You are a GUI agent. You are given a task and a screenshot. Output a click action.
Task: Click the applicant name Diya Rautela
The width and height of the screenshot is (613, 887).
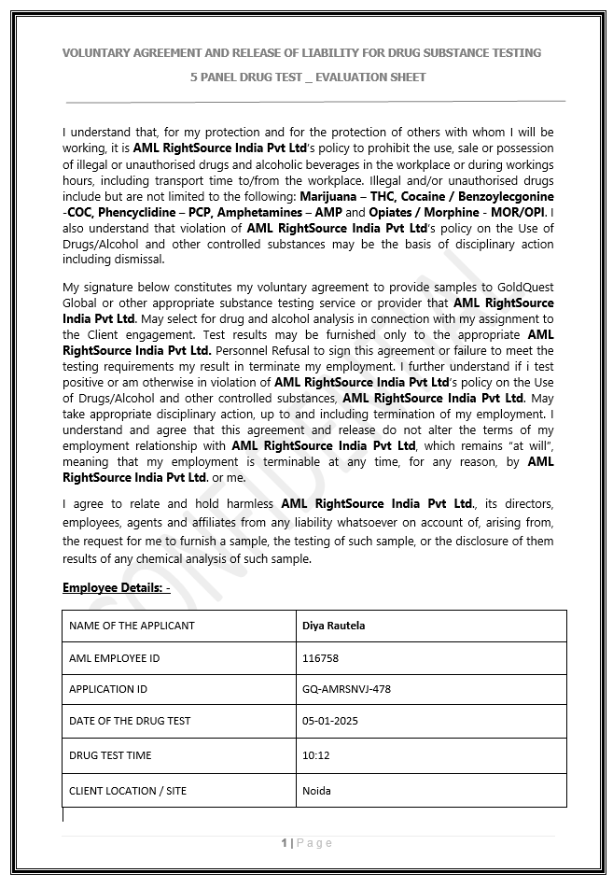click(333, 626)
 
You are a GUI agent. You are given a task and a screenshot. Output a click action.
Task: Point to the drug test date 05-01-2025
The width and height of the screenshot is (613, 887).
click(330, 722)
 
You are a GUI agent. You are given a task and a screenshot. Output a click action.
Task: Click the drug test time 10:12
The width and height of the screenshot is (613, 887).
click(317, 754)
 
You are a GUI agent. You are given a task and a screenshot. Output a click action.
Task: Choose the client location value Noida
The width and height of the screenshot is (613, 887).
click(316, 791)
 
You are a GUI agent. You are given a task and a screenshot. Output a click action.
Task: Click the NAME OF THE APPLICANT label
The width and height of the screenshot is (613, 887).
click(132, 626)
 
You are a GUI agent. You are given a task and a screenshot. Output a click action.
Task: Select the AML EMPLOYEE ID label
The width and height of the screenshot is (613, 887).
click(114, 658)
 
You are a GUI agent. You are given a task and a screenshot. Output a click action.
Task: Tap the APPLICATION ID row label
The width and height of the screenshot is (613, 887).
click(108, 689)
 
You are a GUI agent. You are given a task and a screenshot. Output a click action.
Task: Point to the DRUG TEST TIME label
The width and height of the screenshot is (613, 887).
click(110, 754)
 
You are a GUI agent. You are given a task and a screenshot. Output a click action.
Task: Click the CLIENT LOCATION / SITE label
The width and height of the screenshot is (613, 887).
click(128, 791)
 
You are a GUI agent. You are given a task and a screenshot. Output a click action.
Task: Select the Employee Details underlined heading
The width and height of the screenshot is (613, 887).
click(116, 588)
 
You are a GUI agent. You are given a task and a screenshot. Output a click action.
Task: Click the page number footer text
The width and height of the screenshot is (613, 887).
click(306, 843)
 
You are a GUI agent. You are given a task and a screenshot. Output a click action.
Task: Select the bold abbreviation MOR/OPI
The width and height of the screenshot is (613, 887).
click(520, 212)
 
